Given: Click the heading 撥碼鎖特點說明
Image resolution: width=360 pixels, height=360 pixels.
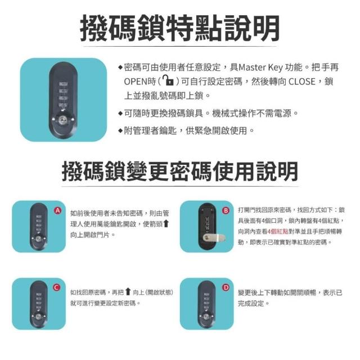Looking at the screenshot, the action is pos(180,28).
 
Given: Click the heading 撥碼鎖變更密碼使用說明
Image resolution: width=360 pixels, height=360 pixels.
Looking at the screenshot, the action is pos(180,172).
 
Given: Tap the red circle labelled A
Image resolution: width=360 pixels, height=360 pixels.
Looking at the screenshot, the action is pos(57,210).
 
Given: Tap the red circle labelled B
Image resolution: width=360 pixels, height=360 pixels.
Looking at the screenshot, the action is pos(226,210).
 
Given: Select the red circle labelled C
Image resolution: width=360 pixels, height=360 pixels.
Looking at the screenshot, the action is pos(57,287).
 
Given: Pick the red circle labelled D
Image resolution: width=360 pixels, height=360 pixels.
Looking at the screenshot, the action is pos(226,287).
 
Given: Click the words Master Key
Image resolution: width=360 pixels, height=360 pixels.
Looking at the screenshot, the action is pos(260,67).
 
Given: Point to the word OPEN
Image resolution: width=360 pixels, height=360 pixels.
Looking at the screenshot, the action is pos(136,82).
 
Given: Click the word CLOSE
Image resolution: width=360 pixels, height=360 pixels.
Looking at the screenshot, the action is pos(301,82).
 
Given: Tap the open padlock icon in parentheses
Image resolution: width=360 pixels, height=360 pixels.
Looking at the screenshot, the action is pos(168,80).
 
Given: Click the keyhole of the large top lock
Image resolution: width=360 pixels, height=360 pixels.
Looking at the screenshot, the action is pos(62,119).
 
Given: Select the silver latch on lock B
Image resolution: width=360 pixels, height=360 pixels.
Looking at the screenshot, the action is pos(214,237).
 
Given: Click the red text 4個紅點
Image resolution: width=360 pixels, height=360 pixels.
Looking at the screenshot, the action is pos(278,231).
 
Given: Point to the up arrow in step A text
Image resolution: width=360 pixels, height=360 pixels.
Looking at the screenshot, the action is pos(166,224).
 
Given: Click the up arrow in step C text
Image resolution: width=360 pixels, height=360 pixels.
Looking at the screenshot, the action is pos(128,292).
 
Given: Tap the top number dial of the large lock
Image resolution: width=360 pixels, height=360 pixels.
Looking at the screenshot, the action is pos(63,84).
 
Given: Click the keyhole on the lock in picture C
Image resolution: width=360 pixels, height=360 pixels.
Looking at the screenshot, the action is pos(38,317).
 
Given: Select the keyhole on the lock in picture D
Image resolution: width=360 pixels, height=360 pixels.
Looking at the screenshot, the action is pos(206,317).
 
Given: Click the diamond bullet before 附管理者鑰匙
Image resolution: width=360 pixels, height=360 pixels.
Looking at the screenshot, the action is pos(120,131).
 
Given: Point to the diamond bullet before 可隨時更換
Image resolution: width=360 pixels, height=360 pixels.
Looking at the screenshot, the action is pos(120,113).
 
